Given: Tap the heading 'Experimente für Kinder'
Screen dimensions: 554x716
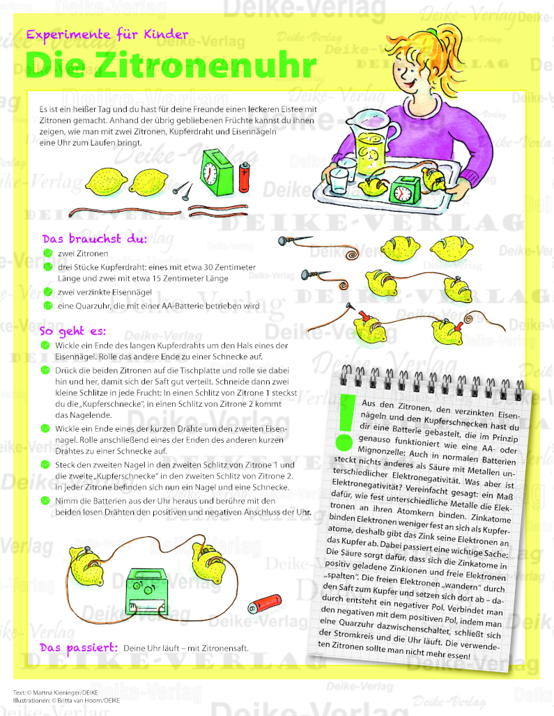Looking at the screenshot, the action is click(x=107, y=34).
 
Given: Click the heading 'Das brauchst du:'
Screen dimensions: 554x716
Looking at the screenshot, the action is click(x=95, y=239).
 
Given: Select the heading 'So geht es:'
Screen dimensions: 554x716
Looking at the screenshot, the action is click(x=72, y=331).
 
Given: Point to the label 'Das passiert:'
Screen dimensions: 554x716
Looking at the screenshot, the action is click(x=79, y=648).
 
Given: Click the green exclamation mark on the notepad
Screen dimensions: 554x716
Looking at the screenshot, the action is click(x=345, y=423).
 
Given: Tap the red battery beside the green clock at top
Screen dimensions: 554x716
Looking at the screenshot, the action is click(x=245, y=177).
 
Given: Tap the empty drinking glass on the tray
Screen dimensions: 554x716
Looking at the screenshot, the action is click(x=339, y=180).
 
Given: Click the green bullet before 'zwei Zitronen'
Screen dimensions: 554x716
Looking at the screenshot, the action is click(x=48, y=253).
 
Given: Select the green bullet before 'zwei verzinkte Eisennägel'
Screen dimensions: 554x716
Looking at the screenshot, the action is click(x=48, y=292).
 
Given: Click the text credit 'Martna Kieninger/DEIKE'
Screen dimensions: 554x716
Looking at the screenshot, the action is click(x=66, y=693).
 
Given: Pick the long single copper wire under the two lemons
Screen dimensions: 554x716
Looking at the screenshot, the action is click(x=124, y=212).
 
